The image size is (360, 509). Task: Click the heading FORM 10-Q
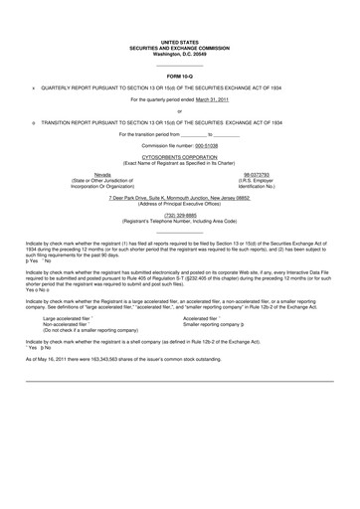[179, 76]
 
